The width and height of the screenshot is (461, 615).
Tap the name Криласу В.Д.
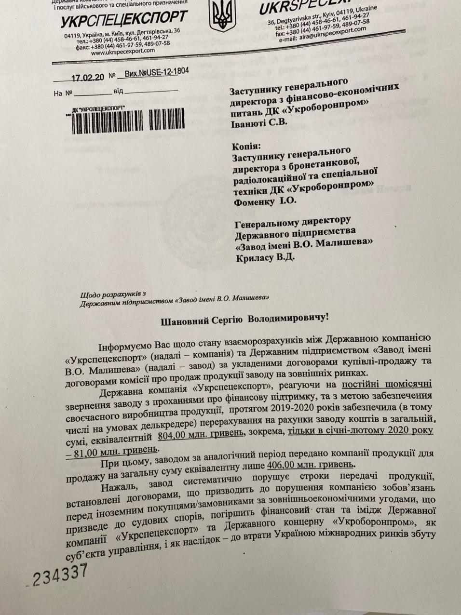(264, 257)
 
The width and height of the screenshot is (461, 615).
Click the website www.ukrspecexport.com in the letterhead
(123, 51)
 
